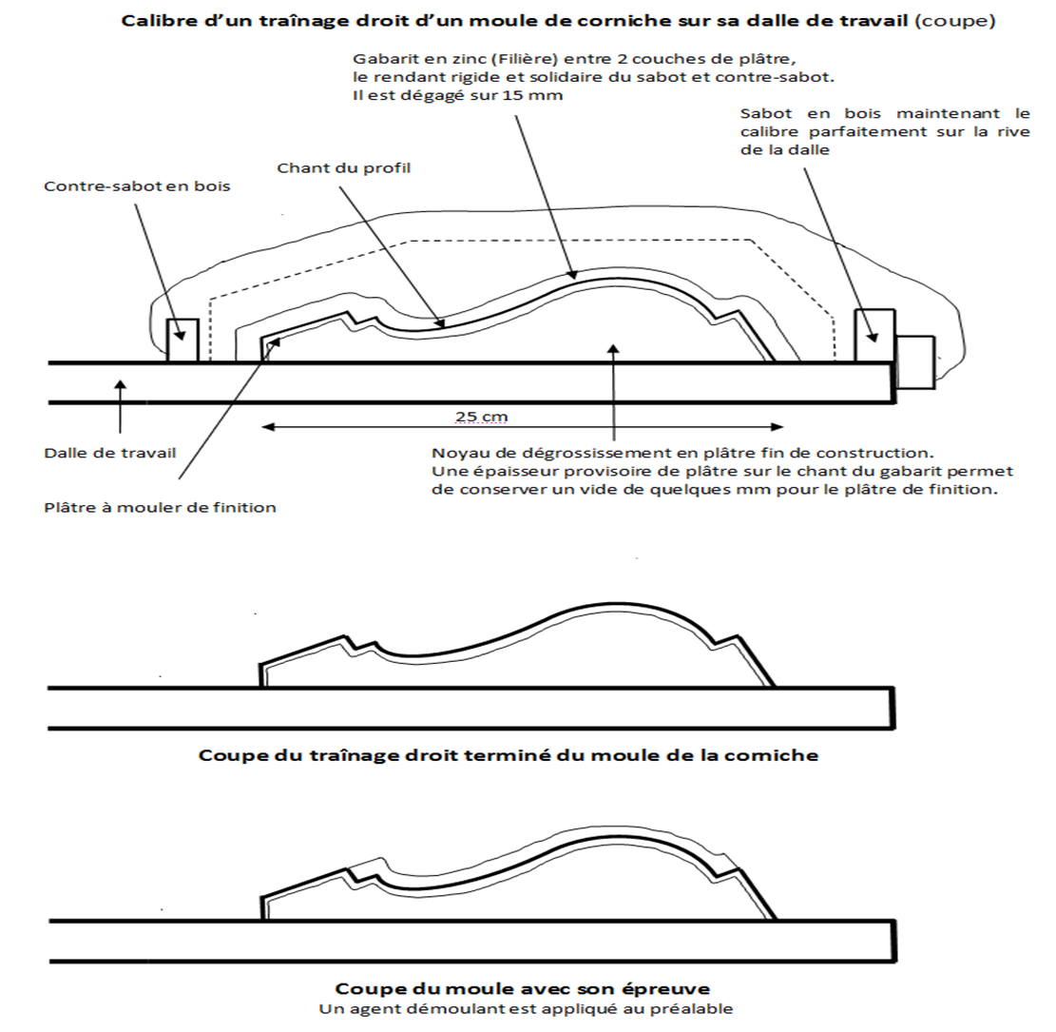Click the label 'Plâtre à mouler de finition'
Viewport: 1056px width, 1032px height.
coord(160,507)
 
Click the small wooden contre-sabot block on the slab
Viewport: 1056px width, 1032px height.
coord(182,341)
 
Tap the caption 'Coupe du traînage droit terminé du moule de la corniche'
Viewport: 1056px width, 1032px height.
coord(508,755)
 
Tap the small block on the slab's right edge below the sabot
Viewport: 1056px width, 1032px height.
coord(915,361)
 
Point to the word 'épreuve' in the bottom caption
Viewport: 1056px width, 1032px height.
coord(677,987)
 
